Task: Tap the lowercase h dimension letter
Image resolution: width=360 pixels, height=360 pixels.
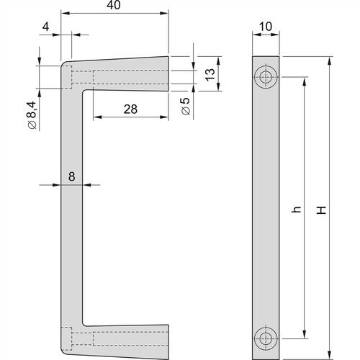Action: [294, 214]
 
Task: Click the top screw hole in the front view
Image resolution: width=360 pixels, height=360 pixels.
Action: [266, 77]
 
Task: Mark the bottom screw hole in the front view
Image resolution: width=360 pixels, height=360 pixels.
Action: [266, 336]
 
